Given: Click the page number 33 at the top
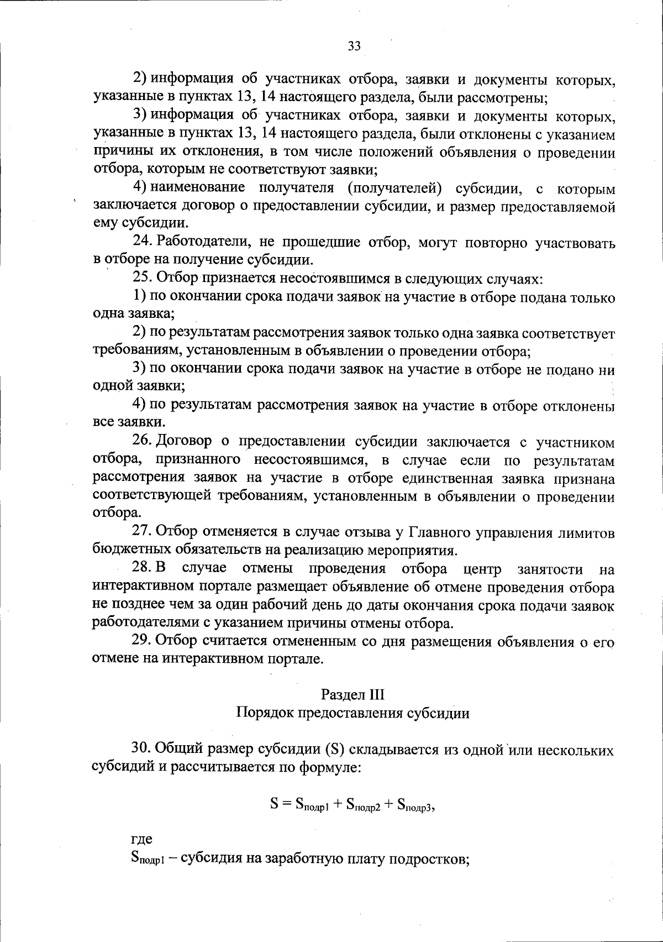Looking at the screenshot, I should (354, 46).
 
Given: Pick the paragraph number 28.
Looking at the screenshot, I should (141, 568).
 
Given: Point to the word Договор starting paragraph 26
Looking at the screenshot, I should (185, 442).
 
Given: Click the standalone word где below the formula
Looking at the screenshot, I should (141, 840).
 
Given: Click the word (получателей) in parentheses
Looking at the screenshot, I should (395, 188).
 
